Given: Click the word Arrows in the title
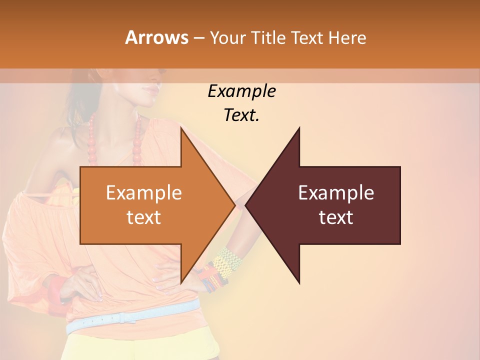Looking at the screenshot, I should [156, 37].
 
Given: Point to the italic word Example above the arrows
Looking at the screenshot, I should [241, 91].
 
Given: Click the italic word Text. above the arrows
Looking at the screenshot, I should [241, 115].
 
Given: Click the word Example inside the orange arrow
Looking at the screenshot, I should [144, 193].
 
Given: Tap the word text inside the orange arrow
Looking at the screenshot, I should [144, 217].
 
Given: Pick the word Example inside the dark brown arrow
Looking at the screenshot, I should [336, 193].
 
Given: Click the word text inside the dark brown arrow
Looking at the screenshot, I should [336, 217].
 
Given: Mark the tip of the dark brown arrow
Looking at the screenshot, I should [246, 205].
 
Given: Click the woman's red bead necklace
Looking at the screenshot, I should [92, 140].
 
